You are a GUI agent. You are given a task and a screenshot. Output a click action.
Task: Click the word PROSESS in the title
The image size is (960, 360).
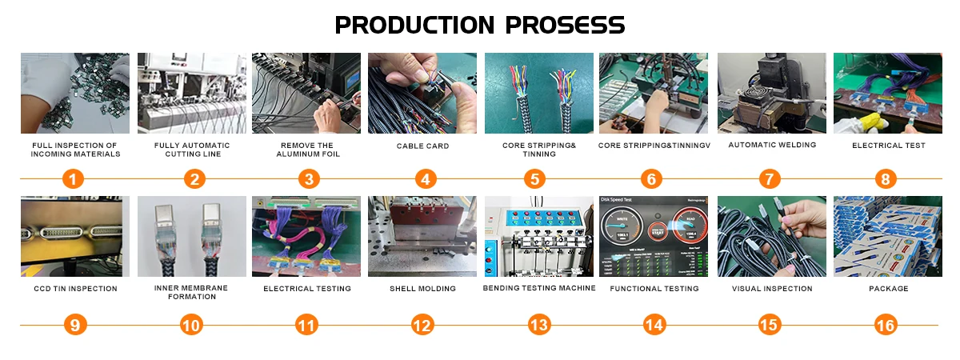coord(566,25)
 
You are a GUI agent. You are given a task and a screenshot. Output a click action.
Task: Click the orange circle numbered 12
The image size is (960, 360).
coord(422,325)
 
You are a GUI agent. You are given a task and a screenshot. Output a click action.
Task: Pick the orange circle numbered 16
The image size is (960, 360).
coord(886,325)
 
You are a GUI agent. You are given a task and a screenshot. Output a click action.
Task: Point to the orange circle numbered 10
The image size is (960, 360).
coord(191,325)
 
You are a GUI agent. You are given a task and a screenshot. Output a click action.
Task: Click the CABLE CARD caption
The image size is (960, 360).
coord(422,146)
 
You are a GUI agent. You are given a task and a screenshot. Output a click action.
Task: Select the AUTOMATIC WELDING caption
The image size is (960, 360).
coord(772,145)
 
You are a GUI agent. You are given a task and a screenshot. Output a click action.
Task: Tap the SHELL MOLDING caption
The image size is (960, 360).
coord(422,289)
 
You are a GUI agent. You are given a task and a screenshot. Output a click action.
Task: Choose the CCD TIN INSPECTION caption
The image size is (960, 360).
coord(75,289)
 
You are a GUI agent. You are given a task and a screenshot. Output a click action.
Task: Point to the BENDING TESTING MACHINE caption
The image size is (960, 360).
coord(539,288)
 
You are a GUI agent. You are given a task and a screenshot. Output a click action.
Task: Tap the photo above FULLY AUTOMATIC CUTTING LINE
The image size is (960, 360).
coord(191,93)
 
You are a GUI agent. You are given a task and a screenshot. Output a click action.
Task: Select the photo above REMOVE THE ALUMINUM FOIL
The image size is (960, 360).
coord(306,93)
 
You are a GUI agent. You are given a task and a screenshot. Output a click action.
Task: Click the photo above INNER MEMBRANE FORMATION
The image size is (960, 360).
coord(191,236)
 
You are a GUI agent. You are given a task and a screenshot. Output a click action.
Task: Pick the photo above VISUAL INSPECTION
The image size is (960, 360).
coord(771,236)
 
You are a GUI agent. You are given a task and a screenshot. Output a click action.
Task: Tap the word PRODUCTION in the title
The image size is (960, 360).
coord(414,25)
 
